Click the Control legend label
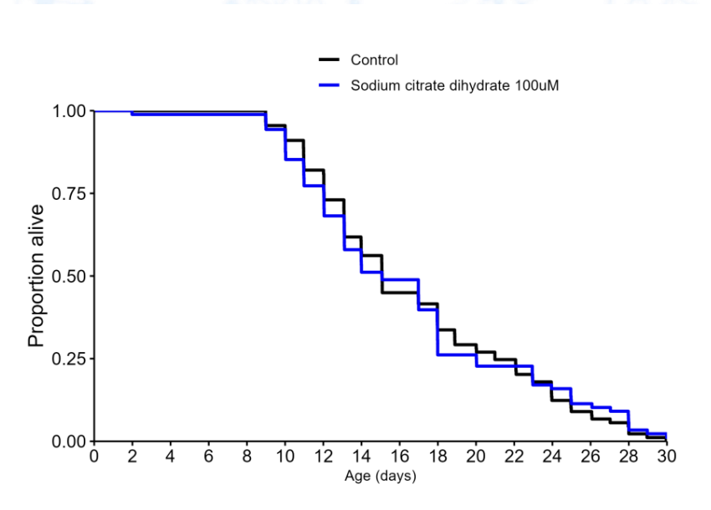click(x=374, y=60)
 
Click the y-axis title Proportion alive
click(x=38, y=276)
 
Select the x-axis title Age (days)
click(x=380, y=477)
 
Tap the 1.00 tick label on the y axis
click(x=68, y=111)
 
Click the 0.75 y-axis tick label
click(x=68, y=194)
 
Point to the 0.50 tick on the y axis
click(x=68, y=276)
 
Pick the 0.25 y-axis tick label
click(x=68, y=359)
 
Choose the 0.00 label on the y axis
click(x=68, y=441)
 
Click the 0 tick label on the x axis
click(x=94, y=456)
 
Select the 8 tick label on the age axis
click(x=247, y=456)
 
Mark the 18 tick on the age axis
click(x=437, y=456)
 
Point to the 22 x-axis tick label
click(x=514, y=456)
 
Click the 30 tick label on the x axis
click(x=667, y=456)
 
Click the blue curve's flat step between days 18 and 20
click(x=457, y=355)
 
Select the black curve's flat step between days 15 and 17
click(x=400, y=293)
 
